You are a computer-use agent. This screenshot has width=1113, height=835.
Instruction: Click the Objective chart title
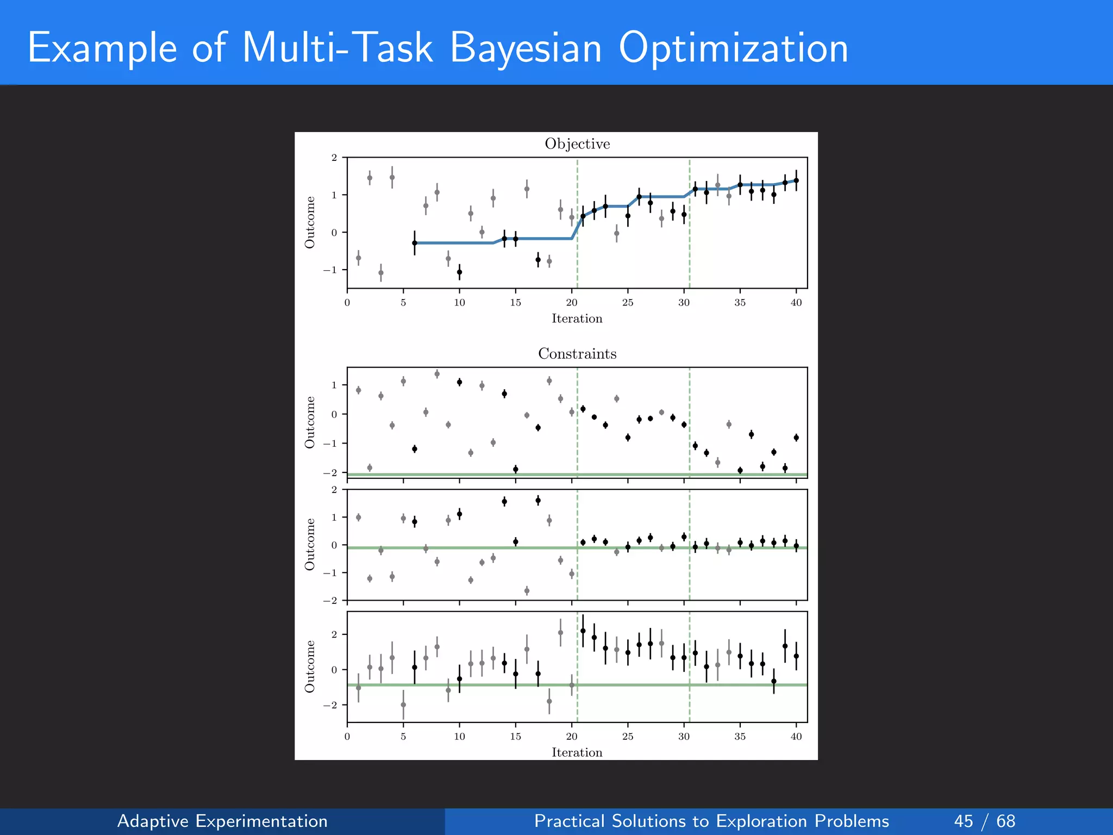coord(577,144)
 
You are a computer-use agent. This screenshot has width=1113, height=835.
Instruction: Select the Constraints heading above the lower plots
coord(577,354)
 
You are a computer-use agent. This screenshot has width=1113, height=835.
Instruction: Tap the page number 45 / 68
coord(984,821)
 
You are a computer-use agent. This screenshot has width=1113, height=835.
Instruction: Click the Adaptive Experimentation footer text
coord(222,821)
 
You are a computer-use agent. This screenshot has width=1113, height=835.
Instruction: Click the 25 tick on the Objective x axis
coord(628,303)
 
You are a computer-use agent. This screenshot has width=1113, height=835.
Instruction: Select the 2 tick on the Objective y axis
coord(334,158)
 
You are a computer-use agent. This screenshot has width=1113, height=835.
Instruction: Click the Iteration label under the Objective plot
coord(577,319)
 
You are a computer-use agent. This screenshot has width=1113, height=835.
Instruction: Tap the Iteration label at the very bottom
coord(577,752)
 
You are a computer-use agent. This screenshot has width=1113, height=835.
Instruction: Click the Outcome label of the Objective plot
coord(310,222)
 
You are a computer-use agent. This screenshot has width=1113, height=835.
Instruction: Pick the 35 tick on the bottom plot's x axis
coord(740,737)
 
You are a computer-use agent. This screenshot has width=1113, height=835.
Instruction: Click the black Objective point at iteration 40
coord(796,180)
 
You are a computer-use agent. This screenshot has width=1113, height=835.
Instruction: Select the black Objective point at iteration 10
coord(459,272)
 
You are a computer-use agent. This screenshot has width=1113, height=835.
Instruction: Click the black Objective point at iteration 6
coord(415,243)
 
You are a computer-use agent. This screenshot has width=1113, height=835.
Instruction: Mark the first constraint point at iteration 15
coord(516,469)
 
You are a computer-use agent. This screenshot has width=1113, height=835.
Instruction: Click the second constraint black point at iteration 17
coord(538,500)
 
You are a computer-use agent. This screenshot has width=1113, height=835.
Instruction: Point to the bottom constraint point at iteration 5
coord(403,705)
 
